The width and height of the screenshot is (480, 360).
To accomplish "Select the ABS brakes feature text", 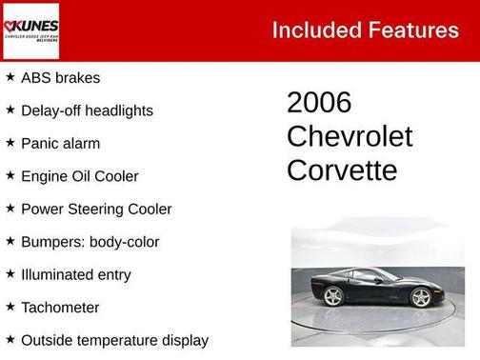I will click(x=60, y=78).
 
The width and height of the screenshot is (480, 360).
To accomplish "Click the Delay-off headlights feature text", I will click(x=87, y=110).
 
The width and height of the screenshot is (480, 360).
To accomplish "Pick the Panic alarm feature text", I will click(x=60, y=144).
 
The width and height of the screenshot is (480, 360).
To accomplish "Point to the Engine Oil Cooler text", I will click(x=79, y=176).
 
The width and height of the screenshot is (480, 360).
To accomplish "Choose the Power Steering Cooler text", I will click(x=96, y=209).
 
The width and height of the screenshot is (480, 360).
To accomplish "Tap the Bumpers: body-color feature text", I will click(x=90, y=242).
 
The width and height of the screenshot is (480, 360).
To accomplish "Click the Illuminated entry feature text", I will click(x=75, y=275).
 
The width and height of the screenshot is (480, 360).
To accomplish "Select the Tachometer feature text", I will click(x=60, y=308).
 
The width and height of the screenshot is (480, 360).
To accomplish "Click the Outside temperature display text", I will click(x=114, y=340).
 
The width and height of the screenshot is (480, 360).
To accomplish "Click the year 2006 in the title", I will click(x=319, y=103).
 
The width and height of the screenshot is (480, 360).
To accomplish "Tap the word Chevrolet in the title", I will click(x=350, y=137).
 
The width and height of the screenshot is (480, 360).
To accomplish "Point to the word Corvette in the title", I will click(x=342, y=170).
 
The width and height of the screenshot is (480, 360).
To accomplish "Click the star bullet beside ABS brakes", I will click(x=10, y=77).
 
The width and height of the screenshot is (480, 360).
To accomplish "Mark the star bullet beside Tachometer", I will click(x=10, y=307).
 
